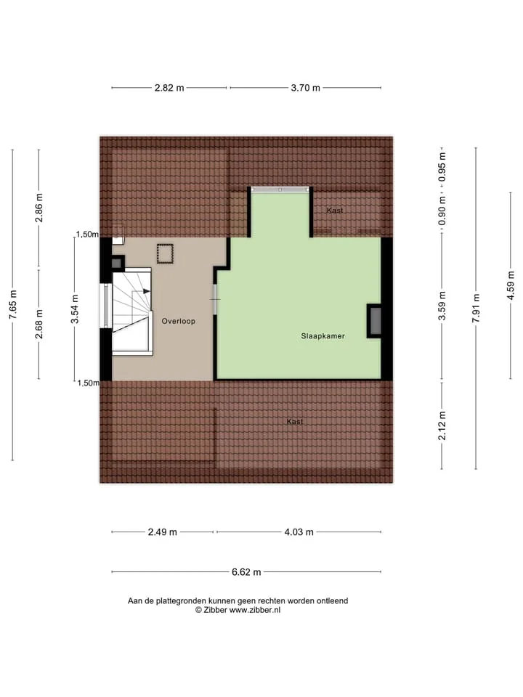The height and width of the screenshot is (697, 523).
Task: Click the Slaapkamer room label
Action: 323,336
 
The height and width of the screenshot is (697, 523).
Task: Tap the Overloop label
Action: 179,321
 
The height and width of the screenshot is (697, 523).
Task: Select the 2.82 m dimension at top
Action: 169,88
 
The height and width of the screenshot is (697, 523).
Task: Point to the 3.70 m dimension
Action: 306,88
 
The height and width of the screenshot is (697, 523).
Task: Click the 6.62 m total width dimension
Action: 246,572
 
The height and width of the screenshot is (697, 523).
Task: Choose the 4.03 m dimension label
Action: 299,532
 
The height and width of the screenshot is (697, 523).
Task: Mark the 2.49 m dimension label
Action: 162,532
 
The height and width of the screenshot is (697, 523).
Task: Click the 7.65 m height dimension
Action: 13,304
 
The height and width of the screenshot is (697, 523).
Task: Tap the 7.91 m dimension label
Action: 477,308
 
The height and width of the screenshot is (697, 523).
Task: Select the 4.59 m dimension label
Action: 511,285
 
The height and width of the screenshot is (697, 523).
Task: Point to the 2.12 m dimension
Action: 442,425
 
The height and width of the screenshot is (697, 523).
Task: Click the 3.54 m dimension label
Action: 75,309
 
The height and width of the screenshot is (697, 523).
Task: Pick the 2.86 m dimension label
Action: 39,208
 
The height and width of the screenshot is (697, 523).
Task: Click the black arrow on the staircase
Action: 146,291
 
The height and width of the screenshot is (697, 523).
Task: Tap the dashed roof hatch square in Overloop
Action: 165,254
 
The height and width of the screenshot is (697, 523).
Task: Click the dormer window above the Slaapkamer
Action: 280,189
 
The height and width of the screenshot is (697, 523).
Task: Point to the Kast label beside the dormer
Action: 335,211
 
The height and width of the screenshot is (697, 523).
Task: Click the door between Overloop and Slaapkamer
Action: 215,299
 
